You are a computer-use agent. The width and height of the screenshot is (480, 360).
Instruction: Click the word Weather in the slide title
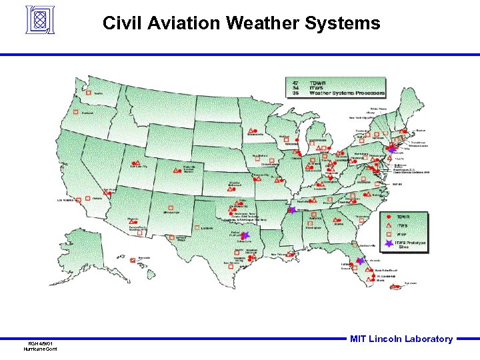tap(261, 24)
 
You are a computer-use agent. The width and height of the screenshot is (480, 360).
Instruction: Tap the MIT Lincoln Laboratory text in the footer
tap(401, 339)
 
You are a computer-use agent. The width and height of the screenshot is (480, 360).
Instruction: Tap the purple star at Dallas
tap(245, 235)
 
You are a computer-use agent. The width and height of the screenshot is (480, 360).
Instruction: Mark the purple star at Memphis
tap(291, 209)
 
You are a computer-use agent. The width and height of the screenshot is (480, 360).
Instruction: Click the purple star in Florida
tap(361, 261)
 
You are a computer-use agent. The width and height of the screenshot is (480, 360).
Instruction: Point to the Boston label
tap(420, 130)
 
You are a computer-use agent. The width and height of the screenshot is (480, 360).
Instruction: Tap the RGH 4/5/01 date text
tap(40, 344)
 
